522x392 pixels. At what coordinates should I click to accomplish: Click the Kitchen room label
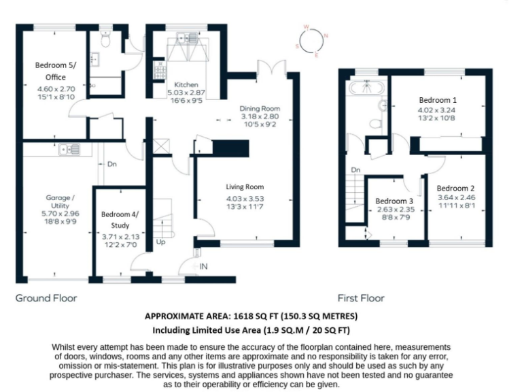186,85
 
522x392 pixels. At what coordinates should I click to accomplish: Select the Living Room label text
245,186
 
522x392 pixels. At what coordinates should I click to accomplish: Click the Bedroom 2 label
455,189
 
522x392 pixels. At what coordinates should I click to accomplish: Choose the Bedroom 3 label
394,201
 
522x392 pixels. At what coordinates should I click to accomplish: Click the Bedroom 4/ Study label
120,219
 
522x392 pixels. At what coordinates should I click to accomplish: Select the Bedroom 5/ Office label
56,71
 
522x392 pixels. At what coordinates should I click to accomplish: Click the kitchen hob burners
160,70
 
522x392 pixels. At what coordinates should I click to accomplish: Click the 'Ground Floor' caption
46,298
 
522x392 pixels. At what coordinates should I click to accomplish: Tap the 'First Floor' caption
361,298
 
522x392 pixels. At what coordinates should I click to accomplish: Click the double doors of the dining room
270,69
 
